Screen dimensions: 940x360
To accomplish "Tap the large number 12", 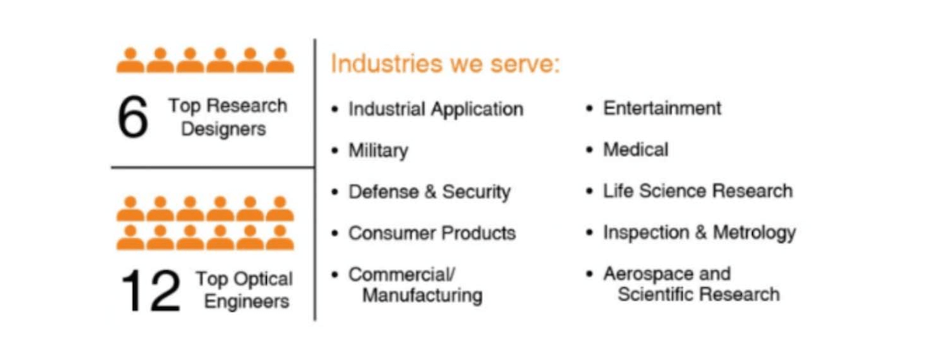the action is pyautogui.click(x=151, y=291).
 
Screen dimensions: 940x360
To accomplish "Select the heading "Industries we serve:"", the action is pyautogui.click(x=445, y=64).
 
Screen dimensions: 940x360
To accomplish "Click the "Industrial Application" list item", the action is pyautogui.click(x=436, y=110).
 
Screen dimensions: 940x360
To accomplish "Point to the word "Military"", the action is pyautogui.click(x=379, y=151).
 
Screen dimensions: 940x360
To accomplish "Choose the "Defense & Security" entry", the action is pyautogui.click(x=430, y=192).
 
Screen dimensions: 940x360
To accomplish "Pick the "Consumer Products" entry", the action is pyautogui.click(x=432, y=233).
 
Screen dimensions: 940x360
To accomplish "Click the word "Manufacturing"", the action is pyautogui.click(x=422, y=295).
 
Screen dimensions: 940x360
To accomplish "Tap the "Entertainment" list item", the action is pyautogui.click(x=662, y=108).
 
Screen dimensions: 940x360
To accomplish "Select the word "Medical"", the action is pyautogui.click(x=635, y=149).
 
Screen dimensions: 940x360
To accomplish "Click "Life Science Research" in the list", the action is pyautogui.click(x=698, y=191).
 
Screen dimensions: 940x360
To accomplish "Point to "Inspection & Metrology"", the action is pyautogui.click(x=699, y=233).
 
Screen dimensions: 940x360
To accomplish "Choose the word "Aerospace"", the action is pyautogui.click(x=647, y=274).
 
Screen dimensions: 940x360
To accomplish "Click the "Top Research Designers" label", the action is pyautogui.click(x=227, y=117).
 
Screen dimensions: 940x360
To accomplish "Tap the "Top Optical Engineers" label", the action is pyautogui.click(x=244, y=290).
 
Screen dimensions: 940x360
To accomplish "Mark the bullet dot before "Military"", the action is pyautogui.click(x=335, y=151).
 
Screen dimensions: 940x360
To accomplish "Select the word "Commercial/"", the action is pyautogui.click(x=402, y=274).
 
